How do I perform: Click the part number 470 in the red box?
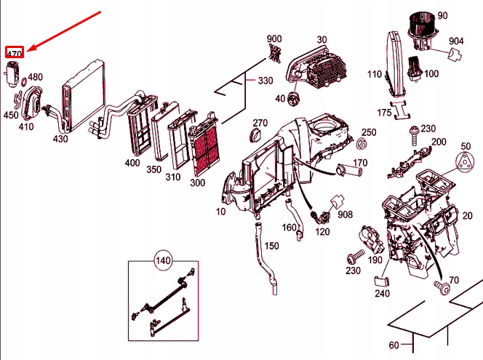tap(15, 52)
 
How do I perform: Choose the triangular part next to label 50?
tap(466, 165)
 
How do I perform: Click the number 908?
tap(345, 214)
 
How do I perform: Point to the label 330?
tap(266, 80)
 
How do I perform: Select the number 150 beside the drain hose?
tap(271, 246)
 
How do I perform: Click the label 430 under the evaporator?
tap(60, 138)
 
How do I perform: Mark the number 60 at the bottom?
tap(395, 345)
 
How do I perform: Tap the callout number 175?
tap(384, 113)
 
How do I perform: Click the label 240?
tap(383, 294)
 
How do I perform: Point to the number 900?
tap(274, 39)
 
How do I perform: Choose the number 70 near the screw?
tap(454, 279)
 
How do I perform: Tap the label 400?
tap(132, 163)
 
